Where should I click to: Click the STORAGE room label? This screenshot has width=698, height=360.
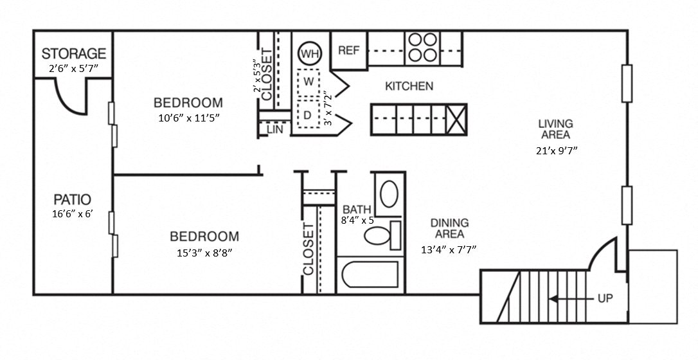click(74, 53)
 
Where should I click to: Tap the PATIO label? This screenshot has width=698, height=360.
click(73, 199)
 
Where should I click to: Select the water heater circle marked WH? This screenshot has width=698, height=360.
click(310, 53)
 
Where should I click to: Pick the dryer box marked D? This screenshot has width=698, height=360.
click(309, 115)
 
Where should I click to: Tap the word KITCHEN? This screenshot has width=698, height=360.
click(409, 86)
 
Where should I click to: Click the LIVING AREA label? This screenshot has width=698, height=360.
click(555, 129)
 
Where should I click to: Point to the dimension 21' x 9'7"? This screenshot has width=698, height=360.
click(555, 152)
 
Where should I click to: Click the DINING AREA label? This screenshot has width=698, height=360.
click(449, 228)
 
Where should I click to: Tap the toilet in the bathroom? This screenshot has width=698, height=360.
click(379, 235)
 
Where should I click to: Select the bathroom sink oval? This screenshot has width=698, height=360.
click(388, 194)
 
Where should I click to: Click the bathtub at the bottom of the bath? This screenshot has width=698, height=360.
click(370, 276)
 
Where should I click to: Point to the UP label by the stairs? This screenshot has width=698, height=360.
click(604, 298)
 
